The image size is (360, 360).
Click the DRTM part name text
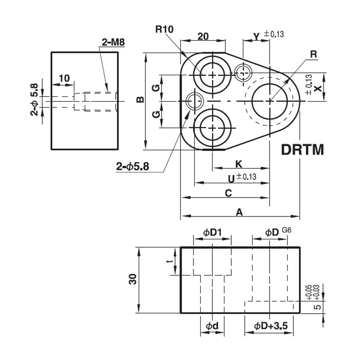[x=302, y=150]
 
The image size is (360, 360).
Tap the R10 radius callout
[x=164, y=29]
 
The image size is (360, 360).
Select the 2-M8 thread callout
[x=113, y=42]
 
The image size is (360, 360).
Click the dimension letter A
[x=239, y=212]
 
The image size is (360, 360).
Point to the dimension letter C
[x=229, y=193]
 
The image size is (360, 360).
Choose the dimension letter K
[x=239, y=164]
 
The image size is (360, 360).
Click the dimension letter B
[x=140, y=99]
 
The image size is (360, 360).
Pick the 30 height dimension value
[x=133, y=279]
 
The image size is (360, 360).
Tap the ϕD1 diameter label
[x=212, y=233]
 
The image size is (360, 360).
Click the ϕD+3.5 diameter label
[x=271, y=326]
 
